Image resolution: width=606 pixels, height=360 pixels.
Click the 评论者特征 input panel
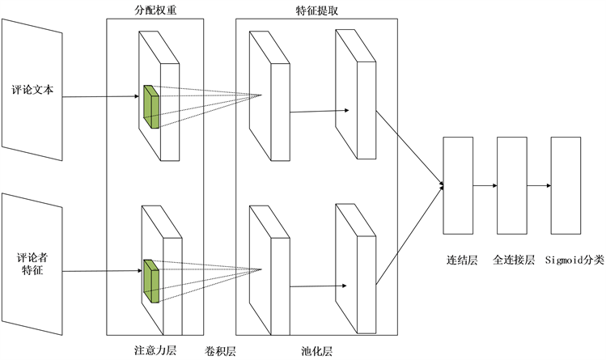[32, 264]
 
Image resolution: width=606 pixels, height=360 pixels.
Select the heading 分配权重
[154, 9]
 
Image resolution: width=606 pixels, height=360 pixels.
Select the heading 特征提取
[316, 9]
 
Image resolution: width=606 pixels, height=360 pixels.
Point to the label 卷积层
[221, 352]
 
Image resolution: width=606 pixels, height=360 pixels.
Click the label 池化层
[316, 352]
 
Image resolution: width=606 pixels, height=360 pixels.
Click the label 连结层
[462, 260]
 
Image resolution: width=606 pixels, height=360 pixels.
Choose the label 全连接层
[514, 260]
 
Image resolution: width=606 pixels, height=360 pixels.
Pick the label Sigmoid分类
[574, 260]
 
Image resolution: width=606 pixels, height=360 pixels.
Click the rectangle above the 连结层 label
[458, 185]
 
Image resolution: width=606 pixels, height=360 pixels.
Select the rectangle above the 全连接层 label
[512, 185]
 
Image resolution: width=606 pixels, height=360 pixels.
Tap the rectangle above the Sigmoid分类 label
[566, 185]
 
